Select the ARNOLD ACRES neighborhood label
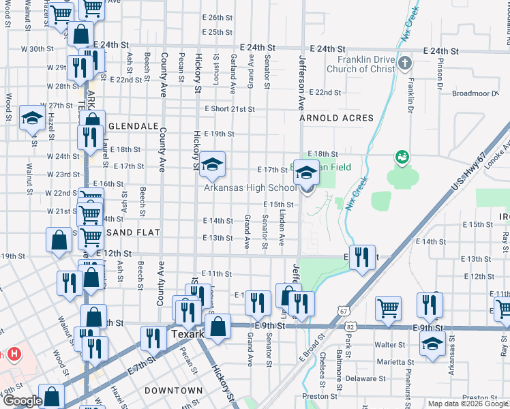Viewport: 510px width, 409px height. pyautogui.click(x=337, y=118)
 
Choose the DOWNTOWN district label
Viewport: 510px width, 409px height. pyautogui.click(x=173, y=391)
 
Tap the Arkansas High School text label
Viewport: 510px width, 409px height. pyautogui.click(x=250, y=188)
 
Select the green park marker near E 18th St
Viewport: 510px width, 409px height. pyautogui.click(x=402, y=157)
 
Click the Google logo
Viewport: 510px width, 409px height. pyautogui.click(x=22, y=401)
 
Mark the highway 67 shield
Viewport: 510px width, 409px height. pyautogui.click(x=342, y=311)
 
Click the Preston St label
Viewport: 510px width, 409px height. pyautogui.click(x=316, y=395)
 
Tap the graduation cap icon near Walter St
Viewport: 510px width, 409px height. pyautogui.click(x=432, y=344)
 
